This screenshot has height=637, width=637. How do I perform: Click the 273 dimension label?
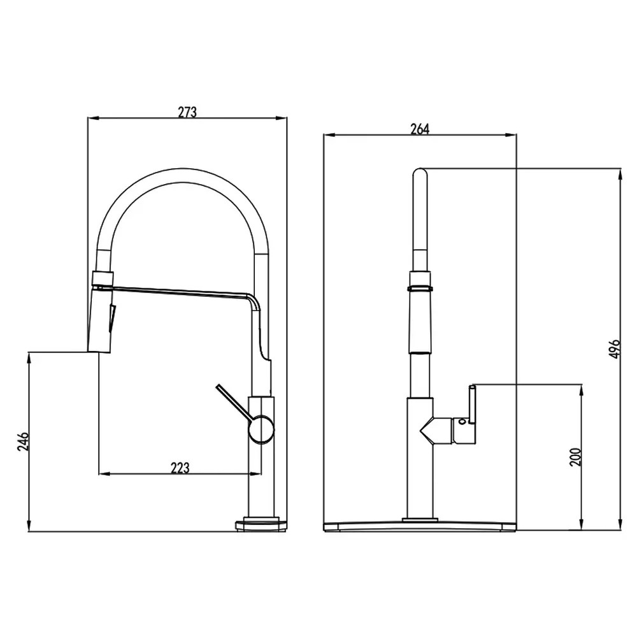click(x=187, y=111)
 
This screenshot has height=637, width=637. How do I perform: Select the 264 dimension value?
click(x=420, y=129)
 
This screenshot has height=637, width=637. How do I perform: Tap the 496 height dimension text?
click(x=615, y=348)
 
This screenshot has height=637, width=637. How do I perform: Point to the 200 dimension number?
click(x=575, y=457)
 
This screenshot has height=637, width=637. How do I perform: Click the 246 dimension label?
click(x=23, y=441)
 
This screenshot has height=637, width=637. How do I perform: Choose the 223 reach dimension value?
click(x=180, y=468)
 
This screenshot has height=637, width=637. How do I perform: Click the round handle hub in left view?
click(x=261, y=429)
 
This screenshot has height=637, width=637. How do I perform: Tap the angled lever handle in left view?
click(x=234, y=401)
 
